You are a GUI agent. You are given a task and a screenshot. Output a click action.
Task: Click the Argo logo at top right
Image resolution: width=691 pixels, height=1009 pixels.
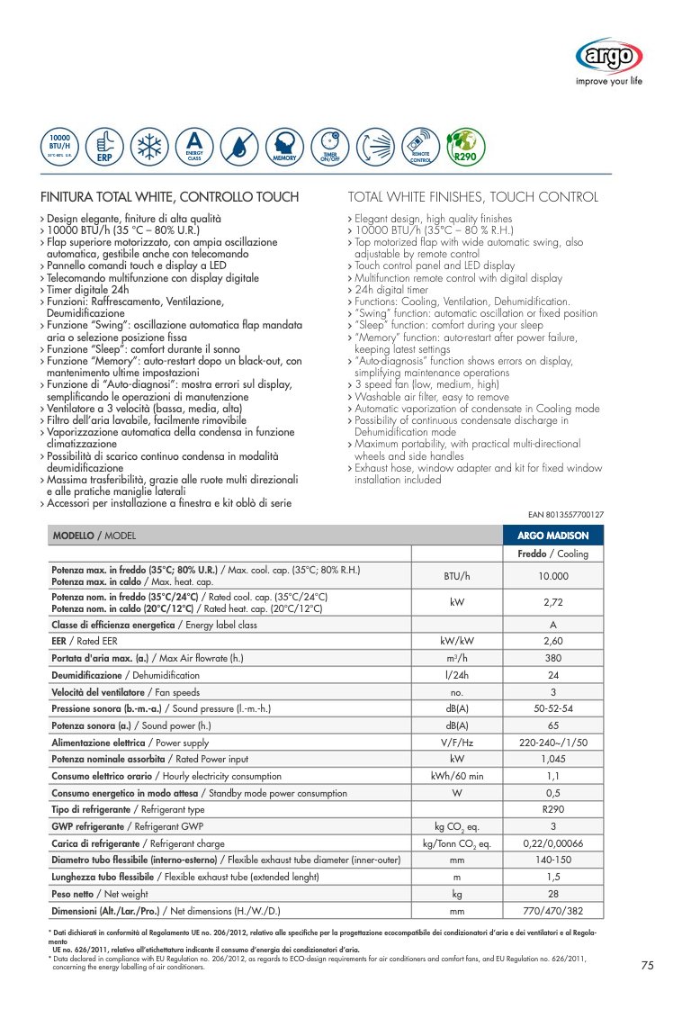point(609,59)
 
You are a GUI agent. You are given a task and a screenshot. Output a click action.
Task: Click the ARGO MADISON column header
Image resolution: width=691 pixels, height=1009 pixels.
point(552,536)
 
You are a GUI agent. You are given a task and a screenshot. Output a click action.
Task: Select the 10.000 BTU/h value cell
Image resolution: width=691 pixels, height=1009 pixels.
point(552,576)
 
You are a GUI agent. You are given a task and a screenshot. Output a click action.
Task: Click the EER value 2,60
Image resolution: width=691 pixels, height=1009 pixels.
point(552,641)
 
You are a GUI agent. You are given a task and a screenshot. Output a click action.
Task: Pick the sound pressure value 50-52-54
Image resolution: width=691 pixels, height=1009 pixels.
point(552,709)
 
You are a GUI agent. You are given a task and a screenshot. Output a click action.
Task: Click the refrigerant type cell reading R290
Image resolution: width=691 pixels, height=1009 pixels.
point(552,809)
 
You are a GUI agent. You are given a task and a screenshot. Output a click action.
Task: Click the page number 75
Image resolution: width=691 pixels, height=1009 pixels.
point(647,966)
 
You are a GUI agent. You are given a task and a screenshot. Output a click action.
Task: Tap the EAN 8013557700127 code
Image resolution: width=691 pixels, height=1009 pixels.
point(565,515)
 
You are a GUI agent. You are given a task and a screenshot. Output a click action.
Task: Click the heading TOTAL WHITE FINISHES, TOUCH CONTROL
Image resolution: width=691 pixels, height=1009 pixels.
point(472,197)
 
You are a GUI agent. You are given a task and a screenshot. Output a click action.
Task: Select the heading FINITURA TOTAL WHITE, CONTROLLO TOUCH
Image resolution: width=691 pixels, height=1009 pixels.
point(170,197)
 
